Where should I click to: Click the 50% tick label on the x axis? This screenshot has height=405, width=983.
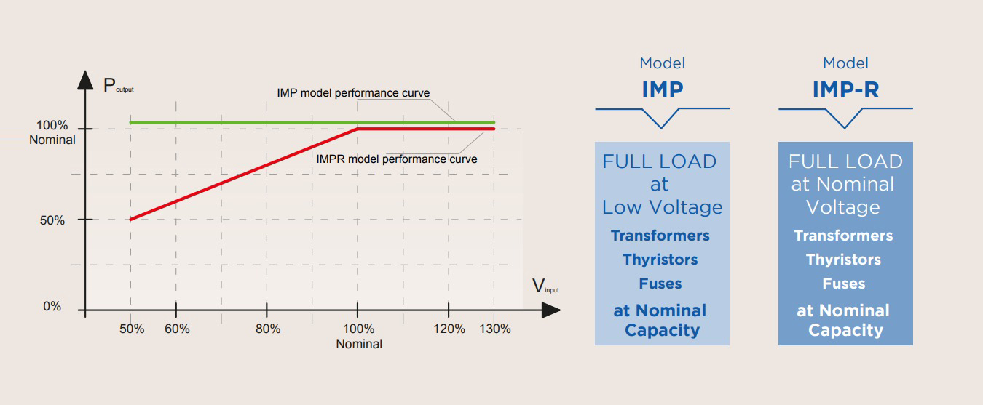click(133, 329)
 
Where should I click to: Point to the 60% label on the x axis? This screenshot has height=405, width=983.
click(177, 329)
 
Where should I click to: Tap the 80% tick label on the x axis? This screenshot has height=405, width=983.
click(268, 329)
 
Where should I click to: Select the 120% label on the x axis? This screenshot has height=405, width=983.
click(449, 329)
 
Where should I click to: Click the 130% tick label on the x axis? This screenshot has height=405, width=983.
click(494, 329)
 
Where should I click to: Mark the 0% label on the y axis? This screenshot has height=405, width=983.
click(52, 307)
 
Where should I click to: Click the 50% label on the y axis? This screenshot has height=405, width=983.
click(52, 220)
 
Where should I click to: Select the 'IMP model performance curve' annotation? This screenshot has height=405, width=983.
click(353, 93)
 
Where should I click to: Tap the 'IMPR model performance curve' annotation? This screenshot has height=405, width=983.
click(397, 159)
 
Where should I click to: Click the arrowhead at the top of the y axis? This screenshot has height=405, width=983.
click(86, 79)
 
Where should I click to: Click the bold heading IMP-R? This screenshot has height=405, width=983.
click(845, 89)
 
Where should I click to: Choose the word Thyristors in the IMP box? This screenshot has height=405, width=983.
click(660, 260)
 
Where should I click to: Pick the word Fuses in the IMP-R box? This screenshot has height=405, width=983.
click(844, 284)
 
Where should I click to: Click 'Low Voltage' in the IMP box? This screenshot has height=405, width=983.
click(662, 207)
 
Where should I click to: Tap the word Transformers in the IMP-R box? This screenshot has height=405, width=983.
click(843, 236)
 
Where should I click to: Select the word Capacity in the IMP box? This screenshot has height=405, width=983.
click(662, 331)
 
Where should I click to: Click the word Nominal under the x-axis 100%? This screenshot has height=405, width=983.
click(359, 344)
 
